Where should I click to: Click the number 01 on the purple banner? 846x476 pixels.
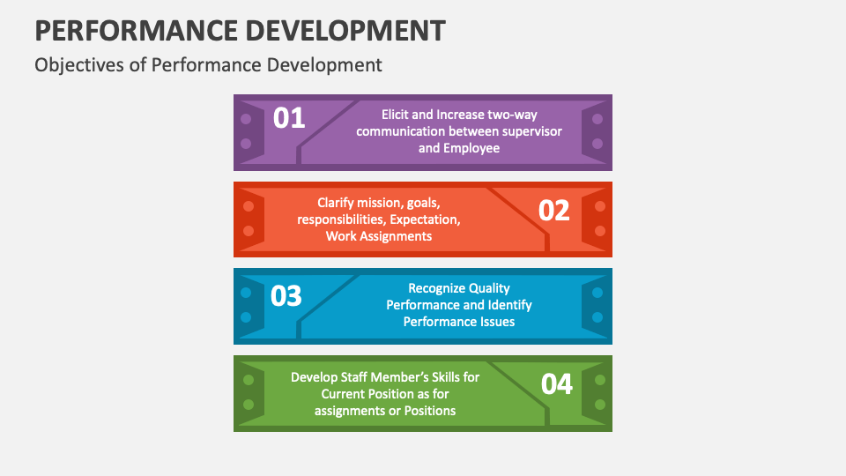point(289,118)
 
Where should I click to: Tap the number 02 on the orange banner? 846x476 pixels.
point(554,211)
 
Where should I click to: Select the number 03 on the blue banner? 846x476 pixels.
point(286,296)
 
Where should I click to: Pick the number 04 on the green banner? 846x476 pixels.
point(556,384)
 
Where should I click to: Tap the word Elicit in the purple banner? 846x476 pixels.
point(397,115)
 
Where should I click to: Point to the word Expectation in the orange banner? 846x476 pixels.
point(427,219)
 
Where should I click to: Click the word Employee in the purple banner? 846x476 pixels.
point(471,148)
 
